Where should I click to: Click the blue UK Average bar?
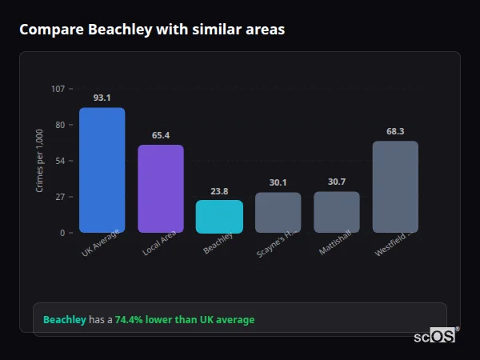pyautogui.click(x=102, y=170)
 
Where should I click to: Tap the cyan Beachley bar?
pyautogui.click(x=219, y=216)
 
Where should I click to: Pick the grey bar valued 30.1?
pyautogui.click(x=278, y=212)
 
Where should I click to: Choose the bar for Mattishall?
pyautogui.click(x=337, y=212)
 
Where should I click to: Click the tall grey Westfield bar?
pyautogui.click(x=395, y=186)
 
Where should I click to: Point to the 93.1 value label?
pyautogui.click(x=102, y=98)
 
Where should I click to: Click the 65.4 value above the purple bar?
pyautogui.click(x=160, y=135)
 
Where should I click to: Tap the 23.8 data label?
pyautogui.click(x=219, y=191)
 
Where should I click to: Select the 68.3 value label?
pyautogui.click(x=395, y=131)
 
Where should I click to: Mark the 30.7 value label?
pyautogui.click(x=337, y=182)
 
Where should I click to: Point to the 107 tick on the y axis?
pyautogui.click(x=58, y=89)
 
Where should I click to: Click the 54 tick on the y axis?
pyautogui.click(x=60, y=161)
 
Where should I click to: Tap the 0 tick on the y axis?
pyautogui.click(x=62, y=233)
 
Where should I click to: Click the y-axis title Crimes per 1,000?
pyautogui.click(x=40, y=161)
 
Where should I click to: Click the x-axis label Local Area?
pyautogui.click(x=159, y=243)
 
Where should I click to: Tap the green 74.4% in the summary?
pyautogui.click(x=128, y=320)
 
